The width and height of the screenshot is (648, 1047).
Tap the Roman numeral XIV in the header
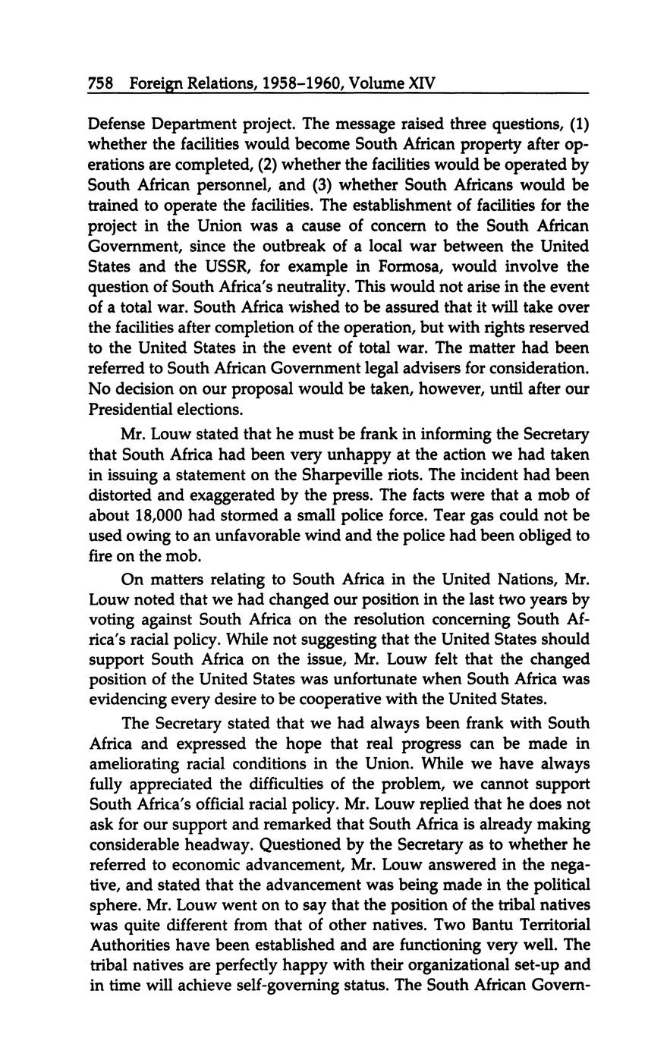[422, 83]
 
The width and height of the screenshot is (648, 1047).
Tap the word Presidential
[130, 410]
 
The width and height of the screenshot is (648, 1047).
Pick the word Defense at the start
[116, 124]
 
